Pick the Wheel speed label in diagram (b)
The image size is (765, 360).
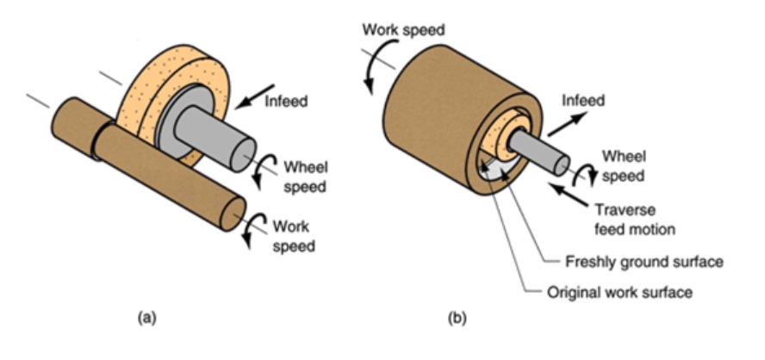tap(623, 165)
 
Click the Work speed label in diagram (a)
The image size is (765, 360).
tap(291, 237)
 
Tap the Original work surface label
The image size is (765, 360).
tap(619, 292)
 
